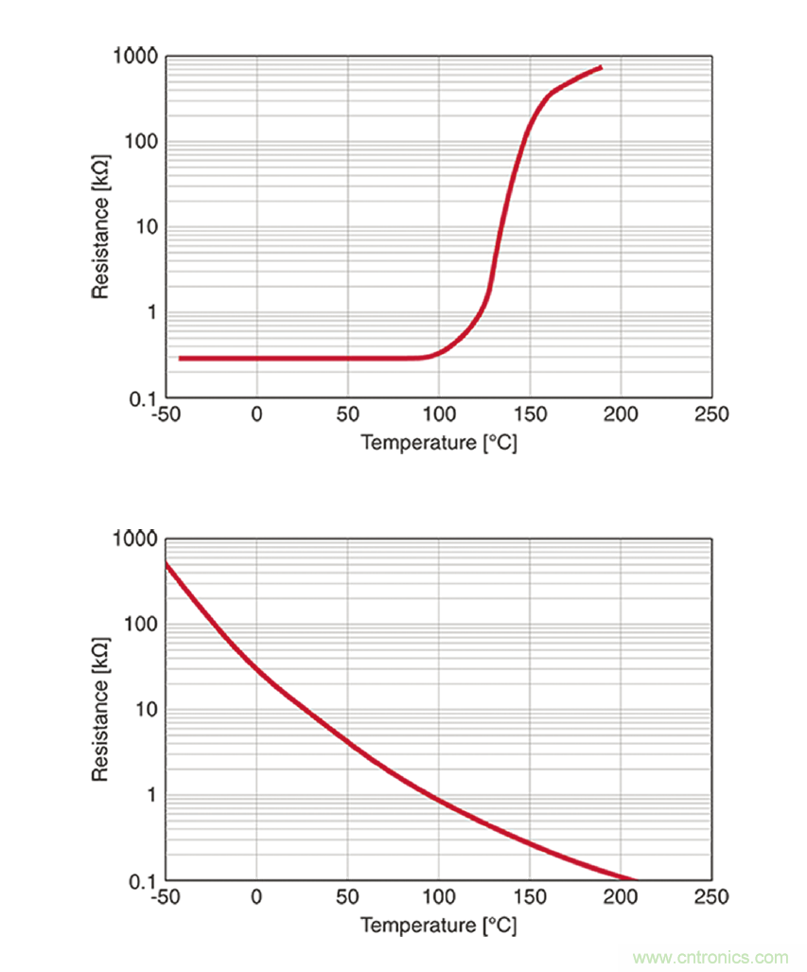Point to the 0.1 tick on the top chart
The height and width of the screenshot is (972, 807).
141,398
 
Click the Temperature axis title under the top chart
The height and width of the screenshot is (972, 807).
439,442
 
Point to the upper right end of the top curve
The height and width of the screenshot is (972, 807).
601,67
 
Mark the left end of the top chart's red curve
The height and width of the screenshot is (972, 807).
180,359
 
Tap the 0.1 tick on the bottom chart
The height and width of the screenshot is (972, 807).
141,880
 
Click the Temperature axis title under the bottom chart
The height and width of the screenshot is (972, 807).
439,924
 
